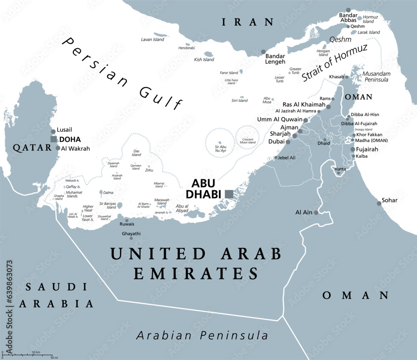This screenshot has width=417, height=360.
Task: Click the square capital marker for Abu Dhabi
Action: pos(229,194)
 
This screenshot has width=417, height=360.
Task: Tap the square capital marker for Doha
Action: pos(54,139)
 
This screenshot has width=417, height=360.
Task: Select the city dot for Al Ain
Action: pos(316,212)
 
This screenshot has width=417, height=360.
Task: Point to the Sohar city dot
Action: pos(379,203)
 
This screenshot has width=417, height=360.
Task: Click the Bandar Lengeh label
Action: pos(275,59)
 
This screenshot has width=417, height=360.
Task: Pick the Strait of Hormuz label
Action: pos(335,62)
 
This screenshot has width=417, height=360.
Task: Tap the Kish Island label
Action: pos(204,60)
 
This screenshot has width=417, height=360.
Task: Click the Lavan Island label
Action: pos(152,40)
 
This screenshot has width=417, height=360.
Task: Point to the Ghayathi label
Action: pos(131,234)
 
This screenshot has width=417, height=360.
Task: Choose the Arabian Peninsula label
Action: pos(202,335)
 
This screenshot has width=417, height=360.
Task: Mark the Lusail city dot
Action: pos(53,131)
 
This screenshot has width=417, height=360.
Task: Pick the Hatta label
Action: pos(340,169)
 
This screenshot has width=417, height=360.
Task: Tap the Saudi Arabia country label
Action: pos(56,295)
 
